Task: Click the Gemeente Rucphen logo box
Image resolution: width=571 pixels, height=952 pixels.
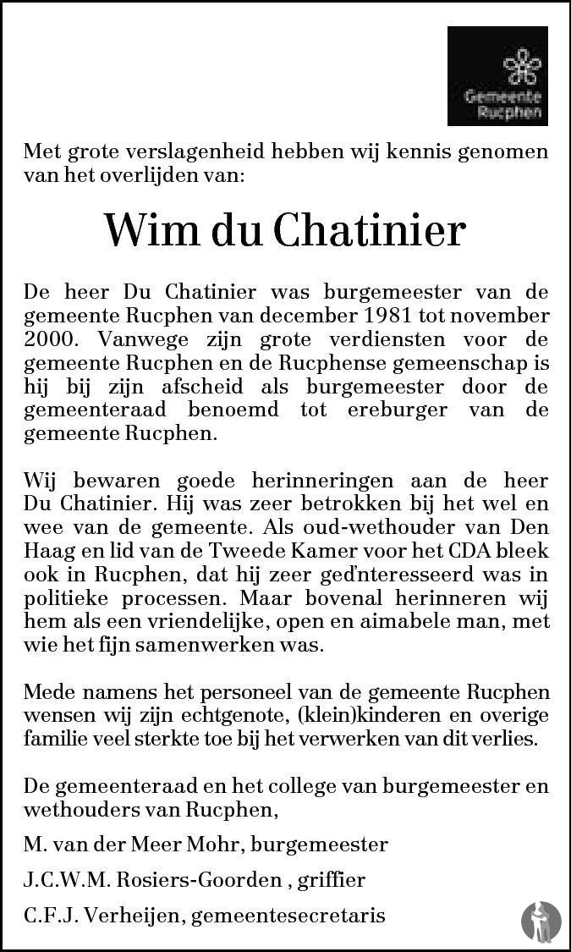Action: click(x=497, y=76)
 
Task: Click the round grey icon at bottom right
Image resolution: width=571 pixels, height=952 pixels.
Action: click(x=541, y=922)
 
